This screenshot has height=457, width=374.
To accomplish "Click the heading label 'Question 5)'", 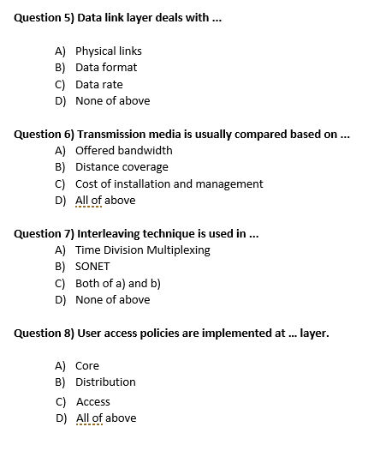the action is coord(44,18).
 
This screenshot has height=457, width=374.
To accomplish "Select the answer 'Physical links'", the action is coord(109,51).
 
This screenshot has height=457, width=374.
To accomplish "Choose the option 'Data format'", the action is coord(106,68).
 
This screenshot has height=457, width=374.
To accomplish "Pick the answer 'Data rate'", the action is coord(99,84).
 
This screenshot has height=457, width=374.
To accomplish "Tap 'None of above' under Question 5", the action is coord(112,100).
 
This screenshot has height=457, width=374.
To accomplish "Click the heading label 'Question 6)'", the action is coord(44,134).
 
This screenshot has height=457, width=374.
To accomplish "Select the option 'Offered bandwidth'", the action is coord(123,150).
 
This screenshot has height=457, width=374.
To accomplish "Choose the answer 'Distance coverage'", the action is coord(122,167).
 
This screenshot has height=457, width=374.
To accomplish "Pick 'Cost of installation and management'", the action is coord(169,183).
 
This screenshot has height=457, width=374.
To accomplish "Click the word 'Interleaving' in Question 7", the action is coord(110,233).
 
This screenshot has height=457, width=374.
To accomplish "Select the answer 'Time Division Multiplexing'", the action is coord(142,250).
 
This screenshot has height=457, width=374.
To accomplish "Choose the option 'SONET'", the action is coord(92,267).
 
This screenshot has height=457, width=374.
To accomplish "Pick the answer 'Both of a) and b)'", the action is coord(118,283).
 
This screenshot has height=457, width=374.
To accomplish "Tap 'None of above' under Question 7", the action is coord(112,299).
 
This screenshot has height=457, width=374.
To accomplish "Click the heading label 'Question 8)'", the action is coord(44,333).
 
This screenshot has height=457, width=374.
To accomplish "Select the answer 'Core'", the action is coord(87,366).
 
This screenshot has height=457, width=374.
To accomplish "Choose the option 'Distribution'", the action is coord(105,382).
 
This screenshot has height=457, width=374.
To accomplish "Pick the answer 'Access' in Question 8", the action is coord(93,401).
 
